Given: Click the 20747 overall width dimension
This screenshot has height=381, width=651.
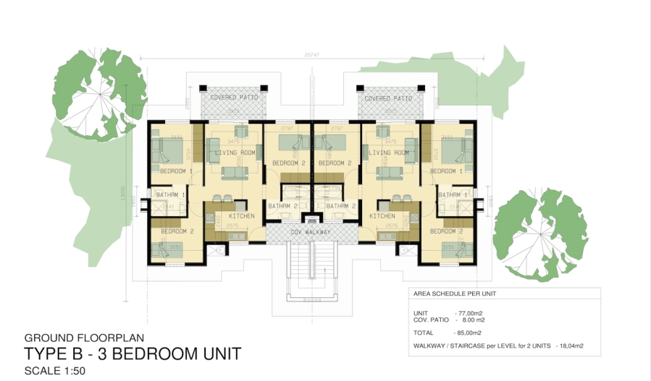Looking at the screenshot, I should (311, 56).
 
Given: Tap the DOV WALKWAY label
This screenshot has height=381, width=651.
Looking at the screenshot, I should (311, 232).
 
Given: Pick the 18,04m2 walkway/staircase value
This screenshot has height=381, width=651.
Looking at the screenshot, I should (571, 346).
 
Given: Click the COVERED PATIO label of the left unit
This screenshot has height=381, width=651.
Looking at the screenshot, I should (235, 98).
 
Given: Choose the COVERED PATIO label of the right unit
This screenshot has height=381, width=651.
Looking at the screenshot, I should (389, 98).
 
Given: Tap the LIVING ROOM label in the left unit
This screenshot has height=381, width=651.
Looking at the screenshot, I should (235, 153).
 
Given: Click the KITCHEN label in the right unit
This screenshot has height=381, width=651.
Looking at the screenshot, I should (382, 216).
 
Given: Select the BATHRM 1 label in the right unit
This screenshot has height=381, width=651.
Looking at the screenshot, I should (453, 195).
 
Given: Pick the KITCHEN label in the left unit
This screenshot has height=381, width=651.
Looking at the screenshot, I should (242, 216).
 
